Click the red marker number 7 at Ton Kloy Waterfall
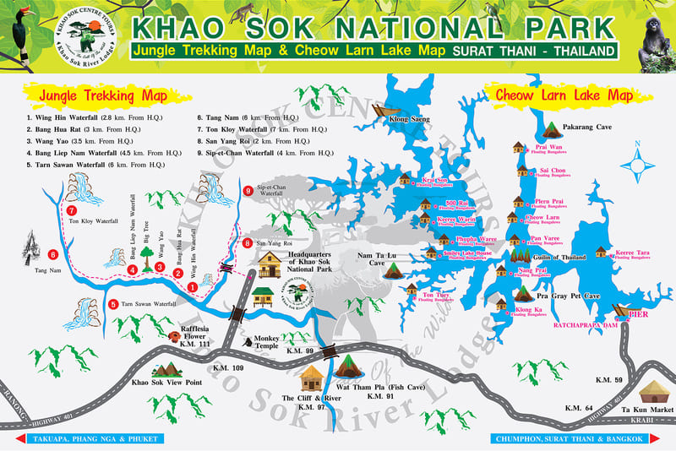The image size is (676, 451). pos(72,209)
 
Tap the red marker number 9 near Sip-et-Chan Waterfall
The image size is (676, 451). pos(248,192)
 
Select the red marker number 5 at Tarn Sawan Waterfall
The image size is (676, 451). pos(113,303)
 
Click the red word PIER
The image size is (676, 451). pos(640,312)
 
